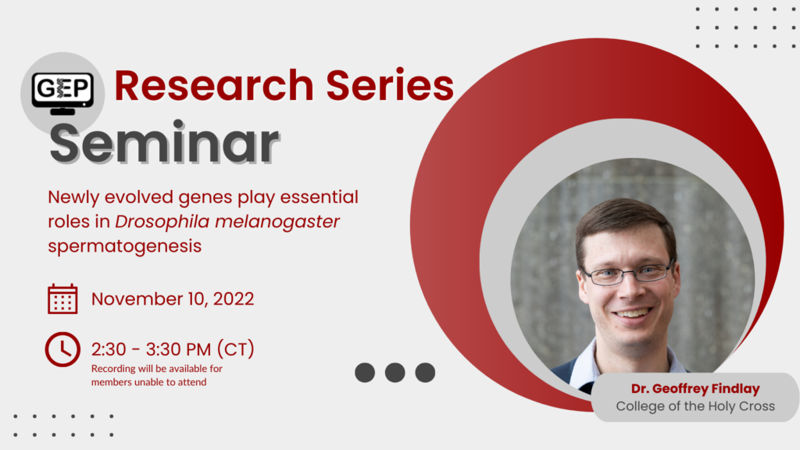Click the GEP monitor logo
coord(62,93)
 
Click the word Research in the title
coord(214,85)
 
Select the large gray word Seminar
coord(164,144)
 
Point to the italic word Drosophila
coord(162,222)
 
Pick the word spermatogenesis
coord(124,246)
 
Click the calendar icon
coord(62,298)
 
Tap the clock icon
coord(62,349)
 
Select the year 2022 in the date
coord(234,299)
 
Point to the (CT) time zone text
coord(236,349)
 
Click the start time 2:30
coord(109,349)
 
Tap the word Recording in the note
coord(113,369)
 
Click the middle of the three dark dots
coord(395,373)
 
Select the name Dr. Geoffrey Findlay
coord(695,389)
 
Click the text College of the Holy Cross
coord(695,406)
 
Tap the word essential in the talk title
coord(320,197)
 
